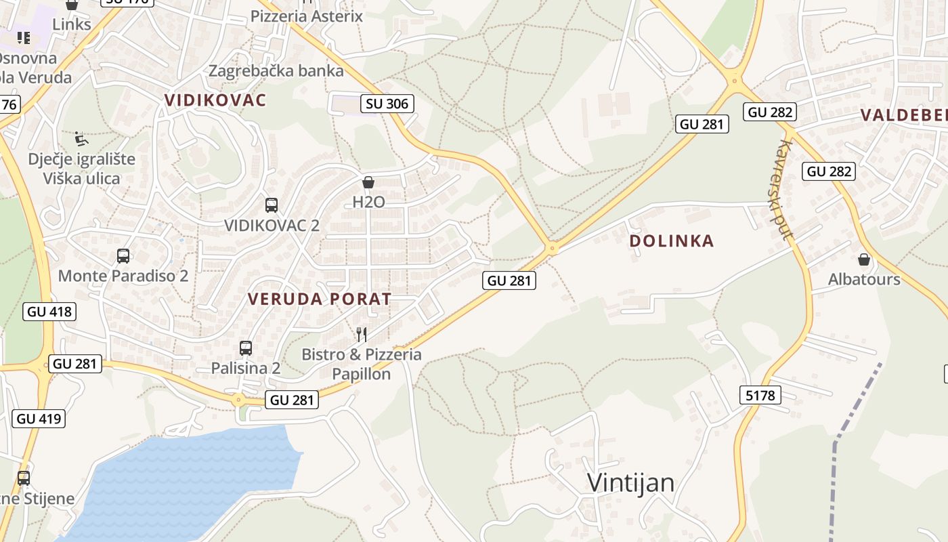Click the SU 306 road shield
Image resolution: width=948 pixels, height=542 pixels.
click(x=387, y=104)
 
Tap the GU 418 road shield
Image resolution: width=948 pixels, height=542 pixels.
click(x=49, y=312)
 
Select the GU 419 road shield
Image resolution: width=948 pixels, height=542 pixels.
click(x=39, y=419)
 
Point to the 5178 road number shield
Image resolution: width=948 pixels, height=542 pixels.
click(x=760, y=395)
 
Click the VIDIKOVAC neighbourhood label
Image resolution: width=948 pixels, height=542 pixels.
click(x=215, y=100)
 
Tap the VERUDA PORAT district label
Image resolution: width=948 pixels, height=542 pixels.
click(x=319, y=299)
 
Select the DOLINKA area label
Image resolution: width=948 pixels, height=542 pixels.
click(x=671, y=241)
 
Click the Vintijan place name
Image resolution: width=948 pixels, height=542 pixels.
click(x=630, y=483)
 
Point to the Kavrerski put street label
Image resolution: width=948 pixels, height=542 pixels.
click(x=785, y=190)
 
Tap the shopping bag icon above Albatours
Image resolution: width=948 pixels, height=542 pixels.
click(x=864, y=259)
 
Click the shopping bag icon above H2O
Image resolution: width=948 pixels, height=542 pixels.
click(x=368, y=182)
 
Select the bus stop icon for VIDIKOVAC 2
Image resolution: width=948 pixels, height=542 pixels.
click(x=272, y=205)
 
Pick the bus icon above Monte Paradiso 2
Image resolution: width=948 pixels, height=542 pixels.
click(x=123, y=256)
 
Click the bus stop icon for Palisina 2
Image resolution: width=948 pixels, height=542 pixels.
click(x=246, y=348)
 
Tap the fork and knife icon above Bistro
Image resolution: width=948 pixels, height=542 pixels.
click(x=362, y=334)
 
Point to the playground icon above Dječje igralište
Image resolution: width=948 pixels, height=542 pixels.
click(x=81, y=139)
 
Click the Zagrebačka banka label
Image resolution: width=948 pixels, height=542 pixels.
click(x=276, y=70)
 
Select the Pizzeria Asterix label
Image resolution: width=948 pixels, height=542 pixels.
click(x=307, y=16)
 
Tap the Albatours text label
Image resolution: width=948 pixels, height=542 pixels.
click(x=864, y=279)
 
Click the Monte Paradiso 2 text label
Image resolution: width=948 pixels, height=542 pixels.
click(x=123, y=276)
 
